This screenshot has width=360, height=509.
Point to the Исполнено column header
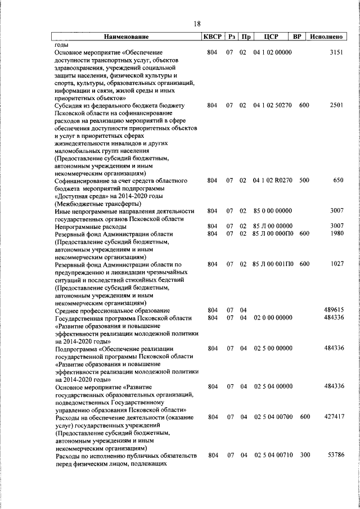click(x=326, y=37)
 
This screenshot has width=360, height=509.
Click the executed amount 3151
click(x=335, y=52)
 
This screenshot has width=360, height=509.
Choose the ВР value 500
click(x=304, y=181)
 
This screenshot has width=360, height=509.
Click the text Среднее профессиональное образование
click(x=112, y=310)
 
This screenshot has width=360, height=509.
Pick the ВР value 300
click(x=304, y=454)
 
